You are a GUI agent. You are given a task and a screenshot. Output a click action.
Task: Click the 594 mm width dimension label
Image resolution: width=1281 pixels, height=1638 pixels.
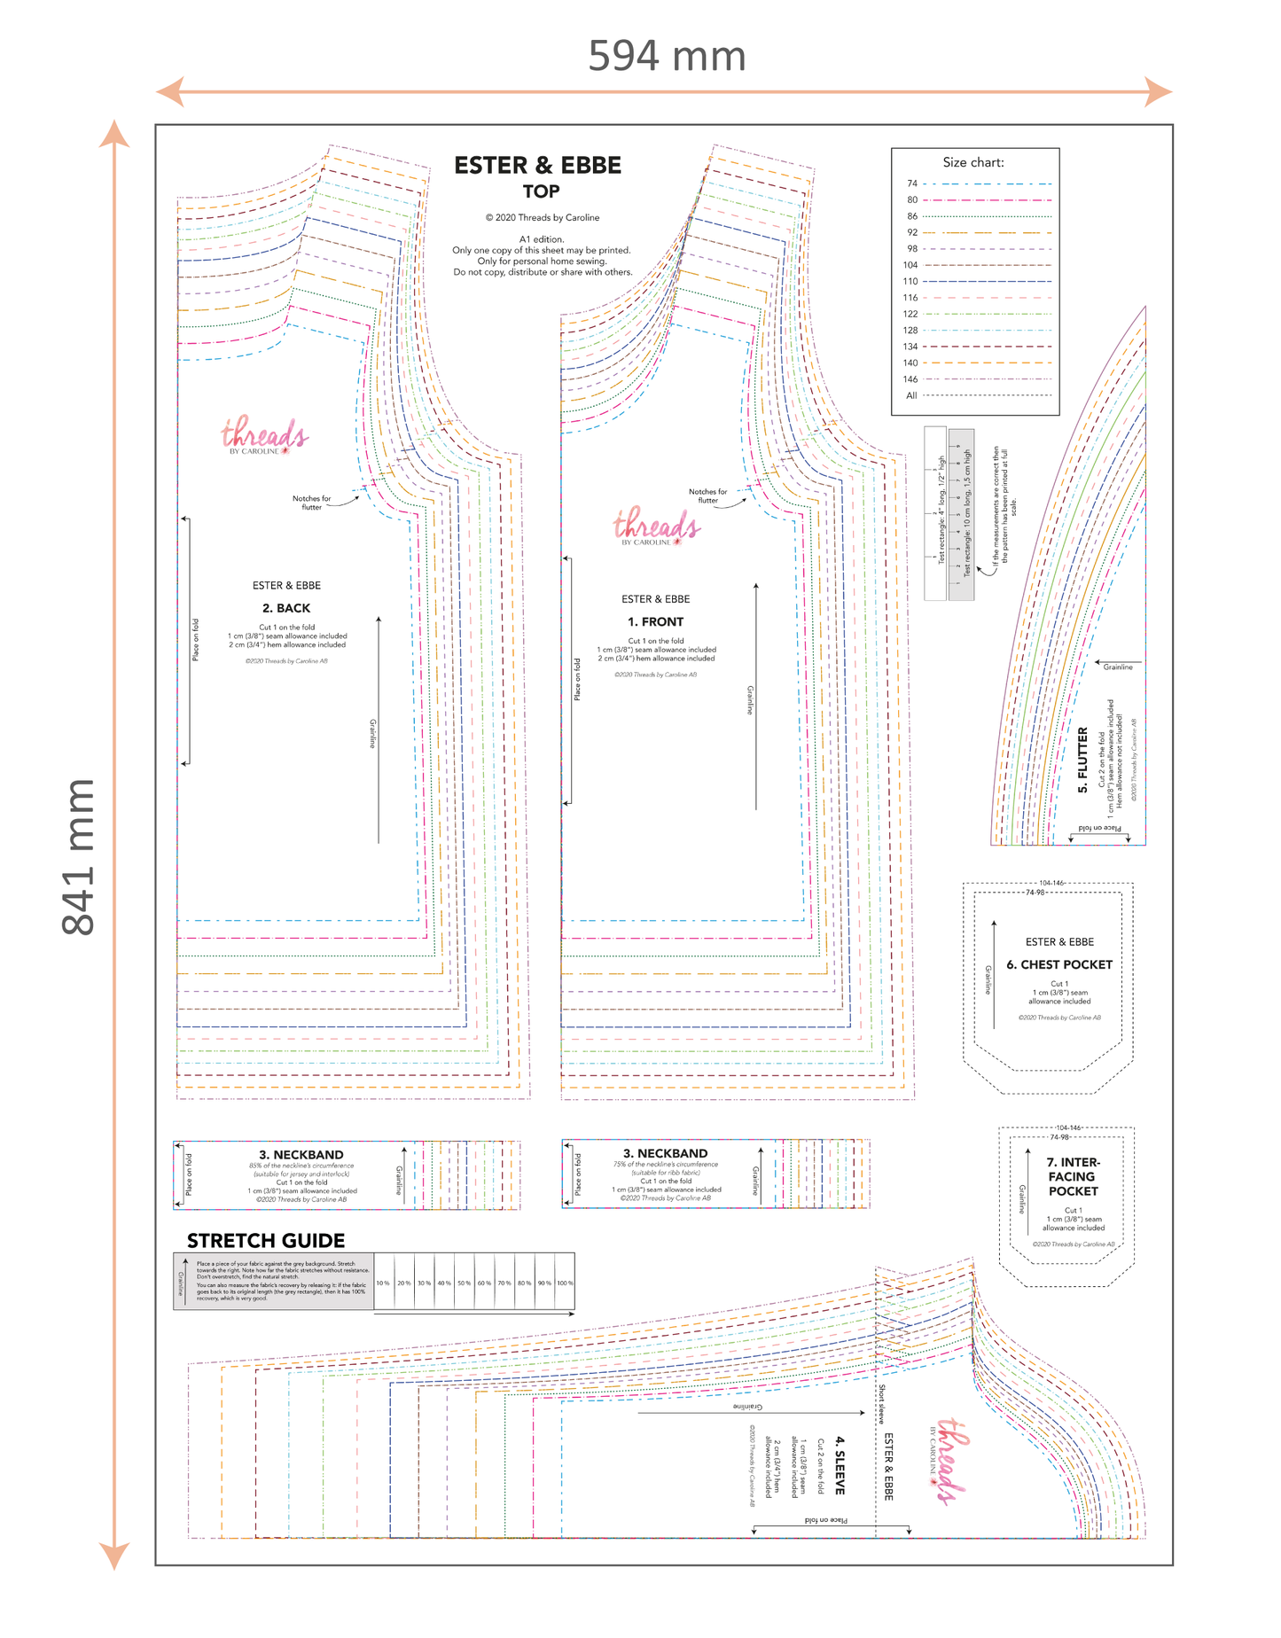click(x=667, y=57)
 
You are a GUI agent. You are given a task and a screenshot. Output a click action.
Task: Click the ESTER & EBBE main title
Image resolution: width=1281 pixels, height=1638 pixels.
click(x=537, y=166)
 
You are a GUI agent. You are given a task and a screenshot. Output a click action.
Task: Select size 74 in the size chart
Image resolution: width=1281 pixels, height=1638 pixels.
click(x=912, y=183)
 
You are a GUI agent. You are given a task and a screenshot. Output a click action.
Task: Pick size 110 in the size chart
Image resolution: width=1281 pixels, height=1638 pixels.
click(x=910, y=281)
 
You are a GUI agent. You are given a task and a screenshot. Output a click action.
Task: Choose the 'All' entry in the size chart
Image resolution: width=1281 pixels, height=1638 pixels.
click(x=911, y=395)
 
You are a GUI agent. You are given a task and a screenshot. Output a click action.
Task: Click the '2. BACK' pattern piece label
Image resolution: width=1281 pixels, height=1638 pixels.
click(x=286, y=608)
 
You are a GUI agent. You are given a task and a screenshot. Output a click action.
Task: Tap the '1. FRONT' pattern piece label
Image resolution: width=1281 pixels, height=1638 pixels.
click(x=655, y=621)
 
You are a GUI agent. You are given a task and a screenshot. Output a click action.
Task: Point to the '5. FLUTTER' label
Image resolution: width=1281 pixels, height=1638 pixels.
click(x=1082, y=760)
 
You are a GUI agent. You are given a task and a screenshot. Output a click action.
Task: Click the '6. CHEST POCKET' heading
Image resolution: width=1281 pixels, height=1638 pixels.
click(x=1058, y=964)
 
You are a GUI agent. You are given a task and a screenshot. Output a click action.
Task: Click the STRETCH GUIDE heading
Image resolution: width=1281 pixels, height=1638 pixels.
click(x=266, y=1240)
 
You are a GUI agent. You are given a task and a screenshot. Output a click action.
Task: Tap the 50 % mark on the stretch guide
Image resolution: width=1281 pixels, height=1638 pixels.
click(x=464, y=1283)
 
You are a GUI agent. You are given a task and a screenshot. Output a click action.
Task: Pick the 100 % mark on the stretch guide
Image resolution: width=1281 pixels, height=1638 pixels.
click(x=565, y=1283)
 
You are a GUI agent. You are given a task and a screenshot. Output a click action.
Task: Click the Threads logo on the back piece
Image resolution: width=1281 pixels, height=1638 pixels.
click(x=264, y=435)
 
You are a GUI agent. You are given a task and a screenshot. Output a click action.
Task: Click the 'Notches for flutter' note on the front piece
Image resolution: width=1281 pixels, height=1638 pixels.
click(x=707, y=495)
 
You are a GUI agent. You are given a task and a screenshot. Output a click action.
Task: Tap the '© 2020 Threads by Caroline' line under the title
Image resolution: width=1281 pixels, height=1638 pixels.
click(x=542, y=217)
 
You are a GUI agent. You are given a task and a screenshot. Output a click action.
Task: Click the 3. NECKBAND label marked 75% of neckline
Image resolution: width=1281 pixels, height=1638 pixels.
click(x=665, y=1153)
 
